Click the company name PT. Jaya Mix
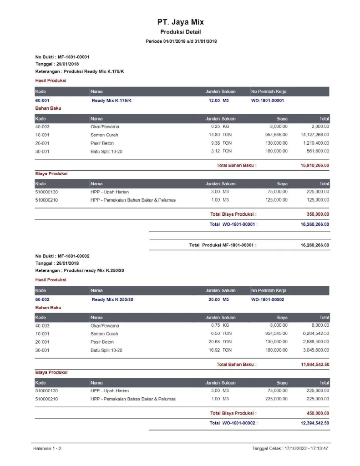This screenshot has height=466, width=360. (180, 22)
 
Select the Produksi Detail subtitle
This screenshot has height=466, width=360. (180, 32)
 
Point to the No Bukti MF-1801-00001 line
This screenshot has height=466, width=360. (62, 57)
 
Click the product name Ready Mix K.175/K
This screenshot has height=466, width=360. (112, 100)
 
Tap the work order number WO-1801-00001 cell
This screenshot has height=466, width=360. (268, 100)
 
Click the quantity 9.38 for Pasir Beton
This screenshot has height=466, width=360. (214, 143)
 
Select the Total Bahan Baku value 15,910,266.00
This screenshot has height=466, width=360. (314, 166)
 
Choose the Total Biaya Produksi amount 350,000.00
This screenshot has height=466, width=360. (318, 214)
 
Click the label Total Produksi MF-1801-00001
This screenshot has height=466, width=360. (223, 245)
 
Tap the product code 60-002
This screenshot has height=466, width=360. (42, 299)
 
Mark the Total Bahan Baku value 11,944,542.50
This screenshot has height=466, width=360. (314, 365)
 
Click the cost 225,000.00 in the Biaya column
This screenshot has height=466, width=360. (276, 399)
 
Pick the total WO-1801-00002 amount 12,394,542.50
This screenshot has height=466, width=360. (314, 423)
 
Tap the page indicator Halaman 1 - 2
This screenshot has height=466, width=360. (47, 449)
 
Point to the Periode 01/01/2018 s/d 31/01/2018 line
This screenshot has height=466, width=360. (181, 41)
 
